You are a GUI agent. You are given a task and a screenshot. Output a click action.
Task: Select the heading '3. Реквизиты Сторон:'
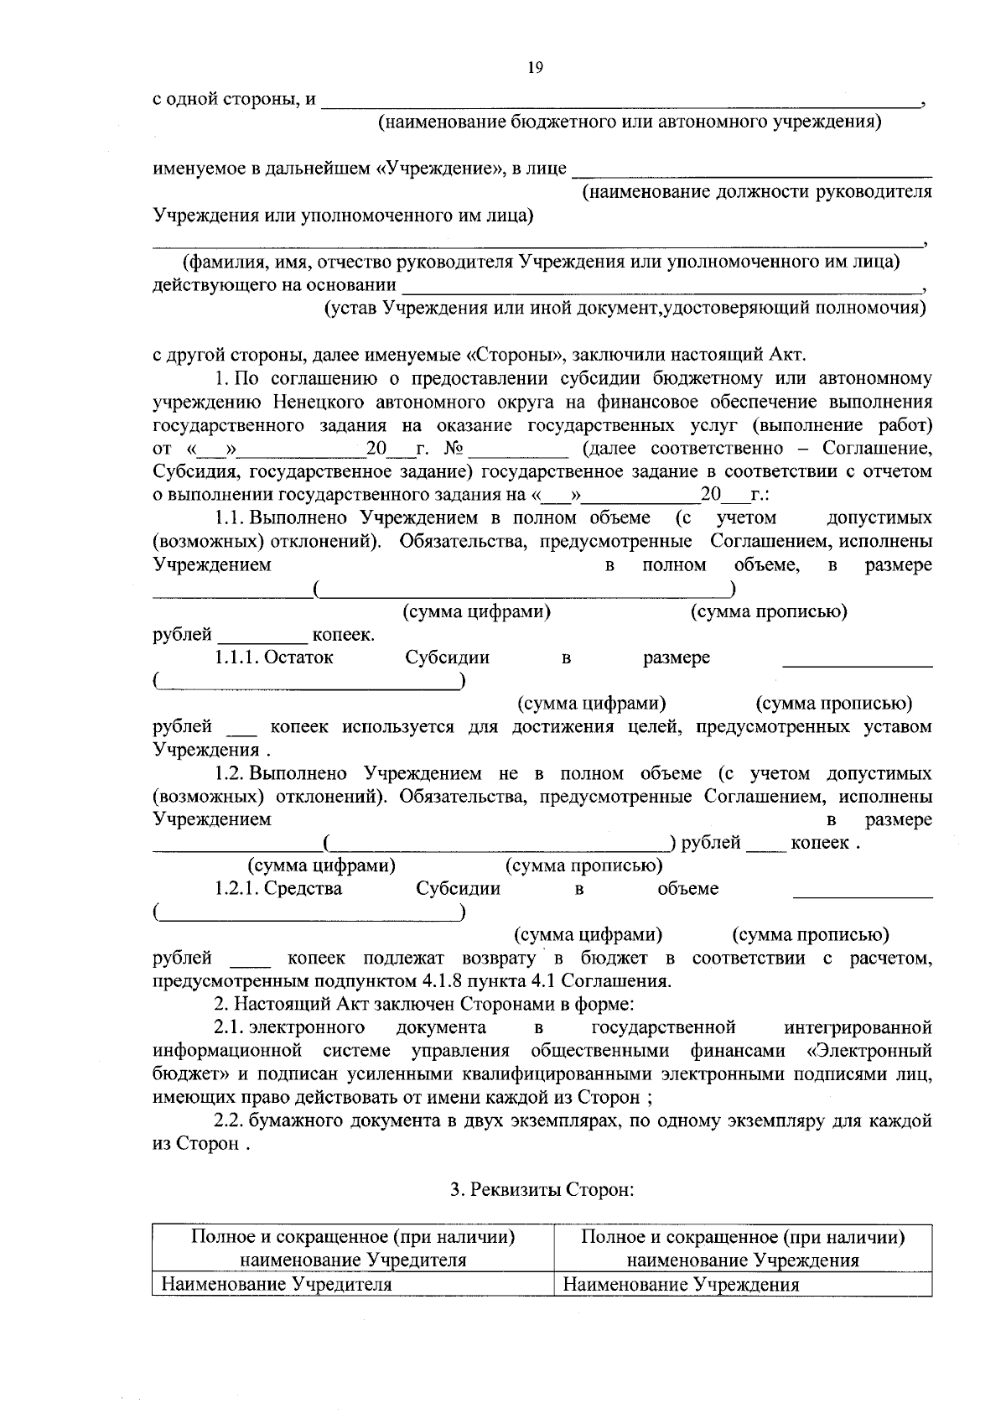tap(541, 1188)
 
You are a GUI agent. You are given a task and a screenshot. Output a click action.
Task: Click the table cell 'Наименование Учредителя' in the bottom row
tap(277, 1284)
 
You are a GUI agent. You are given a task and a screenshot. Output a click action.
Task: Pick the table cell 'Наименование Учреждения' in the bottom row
tap(681, 1284)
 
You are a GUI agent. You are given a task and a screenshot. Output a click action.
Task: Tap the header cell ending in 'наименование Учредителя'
tap(353, 1248)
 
